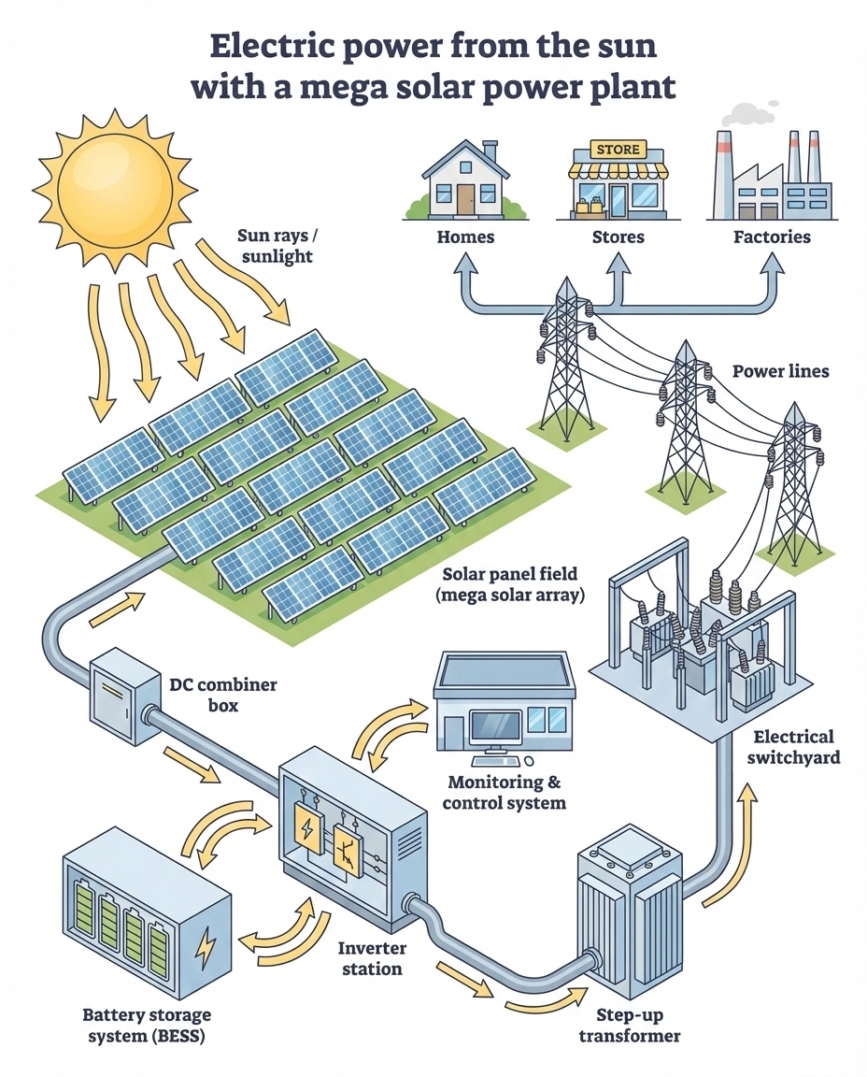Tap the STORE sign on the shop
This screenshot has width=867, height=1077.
coord(618,149)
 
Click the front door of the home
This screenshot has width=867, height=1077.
coord(465,196)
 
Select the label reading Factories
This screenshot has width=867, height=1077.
coord(772,237)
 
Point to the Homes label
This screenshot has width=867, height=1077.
coord(465,237)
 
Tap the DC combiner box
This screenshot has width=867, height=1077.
coord(121,700)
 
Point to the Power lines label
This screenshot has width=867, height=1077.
coord(780,371)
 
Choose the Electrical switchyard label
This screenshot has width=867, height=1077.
coord(793,747)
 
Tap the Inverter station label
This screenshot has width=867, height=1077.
coord(372,958)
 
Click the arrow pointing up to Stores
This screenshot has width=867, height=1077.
coord(618,276)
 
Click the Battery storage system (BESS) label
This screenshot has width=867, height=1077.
coord(147,1025)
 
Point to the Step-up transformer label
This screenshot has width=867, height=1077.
coord(629,1026)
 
